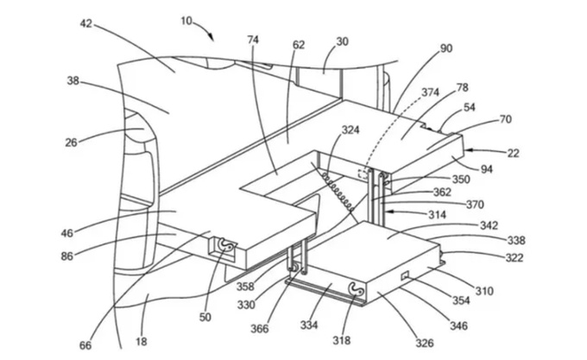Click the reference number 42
point(86,23)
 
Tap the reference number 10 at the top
point(186,21)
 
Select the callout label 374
point(431,92)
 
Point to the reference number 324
point(350,129)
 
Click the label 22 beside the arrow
point(513,153)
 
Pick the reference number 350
point(461,180)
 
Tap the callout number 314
point(437,214)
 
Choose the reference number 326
point(424,343)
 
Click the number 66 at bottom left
point(85,345)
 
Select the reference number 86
point(67,256)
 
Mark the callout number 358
point(245,287)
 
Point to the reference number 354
point(461,300)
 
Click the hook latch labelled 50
point(227,246)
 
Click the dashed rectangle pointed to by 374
point(363,174)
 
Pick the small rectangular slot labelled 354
point(405,275)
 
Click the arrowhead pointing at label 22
point(469,150)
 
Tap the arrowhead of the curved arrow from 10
point(211,37)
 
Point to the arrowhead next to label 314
point(389,212)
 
